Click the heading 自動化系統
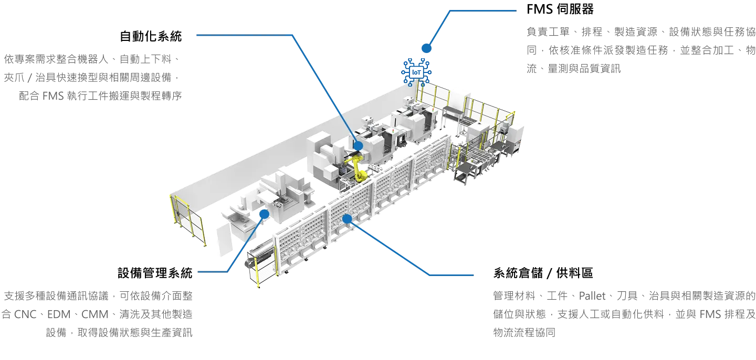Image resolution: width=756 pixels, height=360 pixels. pyautogui.click(x=151, y=36)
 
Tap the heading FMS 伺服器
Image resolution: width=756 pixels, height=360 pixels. pyautogui.click(x=560, y=9)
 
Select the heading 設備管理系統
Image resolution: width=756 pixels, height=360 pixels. pyautogui.click(x=155, y=273)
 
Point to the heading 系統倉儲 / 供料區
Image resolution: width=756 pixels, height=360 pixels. pyautogui.click(x=543, y=273)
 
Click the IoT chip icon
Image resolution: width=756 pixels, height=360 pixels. pyautogui.click(x=416, y=72)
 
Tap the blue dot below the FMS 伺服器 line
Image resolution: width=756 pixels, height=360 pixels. pyautogui.click(x=426, y=48)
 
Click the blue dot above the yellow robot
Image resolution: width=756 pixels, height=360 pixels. pyautogui.click(x=358, y=146)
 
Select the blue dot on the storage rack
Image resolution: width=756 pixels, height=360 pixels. pyautogui.click(x=347, y=219)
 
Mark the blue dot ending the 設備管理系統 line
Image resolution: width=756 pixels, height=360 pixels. pyautogui.click(x=264, y=214)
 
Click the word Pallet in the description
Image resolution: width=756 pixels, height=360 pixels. pyautogui.click(x=592, y=296)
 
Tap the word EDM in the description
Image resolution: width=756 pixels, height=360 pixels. pyautogui.click(x=59, y=314)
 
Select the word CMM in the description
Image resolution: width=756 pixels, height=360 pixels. pyautogui.click(x=95, y=314)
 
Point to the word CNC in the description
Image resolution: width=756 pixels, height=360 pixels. pyautogui.click(x=25, y=314)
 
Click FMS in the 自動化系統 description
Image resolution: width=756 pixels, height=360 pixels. pyautogui.click(x=53, y=96)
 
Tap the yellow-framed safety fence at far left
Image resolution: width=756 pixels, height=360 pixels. pyautogui.click(x=187, y=219)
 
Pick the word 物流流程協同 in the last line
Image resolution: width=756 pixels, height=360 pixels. pyautogui.click(x=524, y=333)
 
